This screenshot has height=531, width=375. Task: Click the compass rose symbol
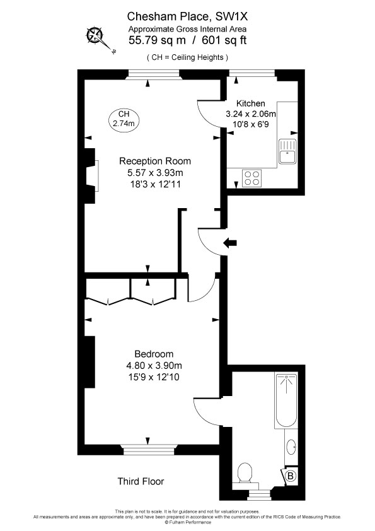95,35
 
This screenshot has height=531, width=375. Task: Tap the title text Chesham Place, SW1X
187,16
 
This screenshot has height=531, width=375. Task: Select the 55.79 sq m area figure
157,40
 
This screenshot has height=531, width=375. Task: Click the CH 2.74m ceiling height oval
124,119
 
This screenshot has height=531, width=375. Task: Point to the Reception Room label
155,161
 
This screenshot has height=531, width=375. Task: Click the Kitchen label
250,103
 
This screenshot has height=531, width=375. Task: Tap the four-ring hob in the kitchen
252,178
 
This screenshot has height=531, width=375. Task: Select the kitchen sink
287,151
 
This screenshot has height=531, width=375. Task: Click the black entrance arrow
230,242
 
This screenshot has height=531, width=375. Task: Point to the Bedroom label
154,354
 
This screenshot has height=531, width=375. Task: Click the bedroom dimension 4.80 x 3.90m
154,365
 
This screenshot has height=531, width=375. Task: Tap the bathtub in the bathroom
286,400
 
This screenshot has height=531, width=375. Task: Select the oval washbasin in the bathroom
291,447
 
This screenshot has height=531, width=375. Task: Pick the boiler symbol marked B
290,476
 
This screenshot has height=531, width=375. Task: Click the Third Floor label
141,481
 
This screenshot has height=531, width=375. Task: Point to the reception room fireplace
91,176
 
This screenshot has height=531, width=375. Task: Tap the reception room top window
153,74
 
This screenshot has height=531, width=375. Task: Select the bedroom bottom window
148,450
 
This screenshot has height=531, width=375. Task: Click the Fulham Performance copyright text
188,522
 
